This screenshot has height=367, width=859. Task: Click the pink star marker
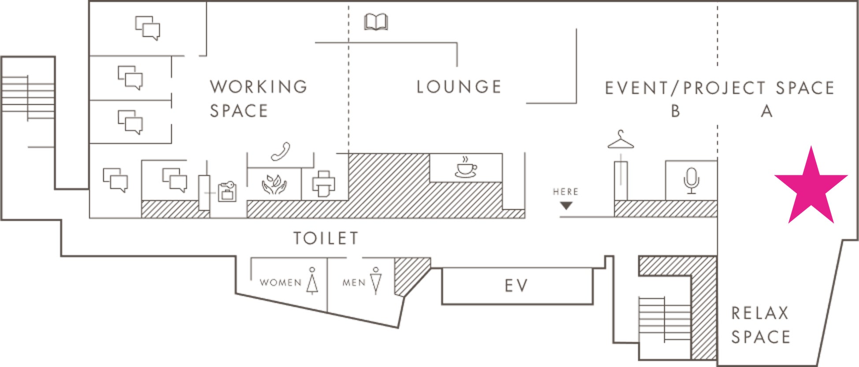pyautogui.click(x=811, y=187)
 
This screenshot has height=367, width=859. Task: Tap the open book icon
pyautogui.click(x=376, y=22)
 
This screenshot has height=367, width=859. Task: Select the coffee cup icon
pyautogui.click(x=466, y=167)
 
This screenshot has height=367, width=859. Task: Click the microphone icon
pyautogui.click(x=691, y=180)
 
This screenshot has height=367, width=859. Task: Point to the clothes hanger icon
pyautogui.click(x=621, y=140)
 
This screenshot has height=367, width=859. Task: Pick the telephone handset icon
pyautogui.click(x=281, y=151)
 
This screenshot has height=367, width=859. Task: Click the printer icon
pyautogui.click(x=323, y=184)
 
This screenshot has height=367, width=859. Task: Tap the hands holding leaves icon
pyautogui.click(x=274, y=185)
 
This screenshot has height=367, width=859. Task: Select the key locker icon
pyautogui.click(x=227, y=191)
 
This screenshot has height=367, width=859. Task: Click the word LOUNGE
pyautogui.click(x=459, y=87)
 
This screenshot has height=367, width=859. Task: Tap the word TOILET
pyautogui.click(x=326, y=238)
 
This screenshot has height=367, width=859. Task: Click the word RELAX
pyautogui.click(x=760, y=313)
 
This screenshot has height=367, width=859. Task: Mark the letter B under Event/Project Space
pyautogui.click(x=675, y=111)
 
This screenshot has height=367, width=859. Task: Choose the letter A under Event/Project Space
pyautogui.click(x=766, y=111)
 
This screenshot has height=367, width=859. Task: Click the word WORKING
pyautogui.click(x=259, y=87)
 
